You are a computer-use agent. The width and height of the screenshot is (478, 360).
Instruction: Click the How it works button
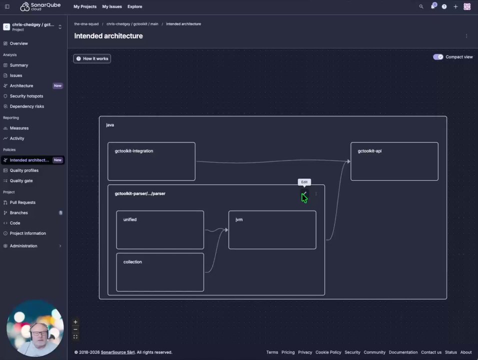point(92,58)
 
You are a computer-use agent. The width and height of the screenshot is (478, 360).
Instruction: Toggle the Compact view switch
point(438,57)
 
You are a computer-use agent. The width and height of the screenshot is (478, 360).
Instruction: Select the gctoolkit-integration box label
point(134,151)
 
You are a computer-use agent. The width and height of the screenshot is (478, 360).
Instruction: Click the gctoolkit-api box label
point(369,151)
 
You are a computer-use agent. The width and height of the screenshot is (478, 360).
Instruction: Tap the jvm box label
point(239,219)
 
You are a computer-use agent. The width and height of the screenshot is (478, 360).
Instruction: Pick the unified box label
point(130,219)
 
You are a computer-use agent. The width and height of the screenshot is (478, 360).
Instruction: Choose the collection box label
point(132,262)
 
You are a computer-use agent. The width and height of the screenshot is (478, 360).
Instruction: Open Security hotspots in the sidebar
point(26,96)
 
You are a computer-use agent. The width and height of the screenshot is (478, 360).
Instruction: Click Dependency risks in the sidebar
point(27,106)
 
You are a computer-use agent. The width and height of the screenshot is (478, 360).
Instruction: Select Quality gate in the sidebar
point(21,181)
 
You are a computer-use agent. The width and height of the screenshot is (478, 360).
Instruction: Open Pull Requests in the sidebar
point(22,202)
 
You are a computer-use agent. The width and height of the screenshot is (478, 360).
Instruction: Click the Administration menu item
point(23,246)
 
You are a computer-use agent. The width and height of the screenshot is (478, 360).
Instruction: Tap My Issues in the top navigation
point(112,6)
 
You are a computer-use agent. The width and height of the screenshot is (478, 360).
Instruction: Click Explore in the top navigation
point(135,6)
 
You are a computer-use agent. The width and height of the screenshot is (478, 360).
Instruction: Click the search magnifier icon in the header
point(421,6)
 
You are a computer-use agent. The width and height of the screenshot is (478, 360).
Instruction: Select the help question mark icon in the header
point(444,6)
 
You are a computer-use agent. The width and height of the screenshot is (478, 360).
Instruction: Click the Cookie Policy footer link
point(328,352)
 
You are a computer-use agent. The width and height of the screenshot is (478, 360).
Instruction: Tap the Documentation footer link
point(403,352)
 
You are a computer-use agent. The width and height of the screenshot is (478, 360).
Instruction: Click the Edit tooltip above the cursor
point(304,182)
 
